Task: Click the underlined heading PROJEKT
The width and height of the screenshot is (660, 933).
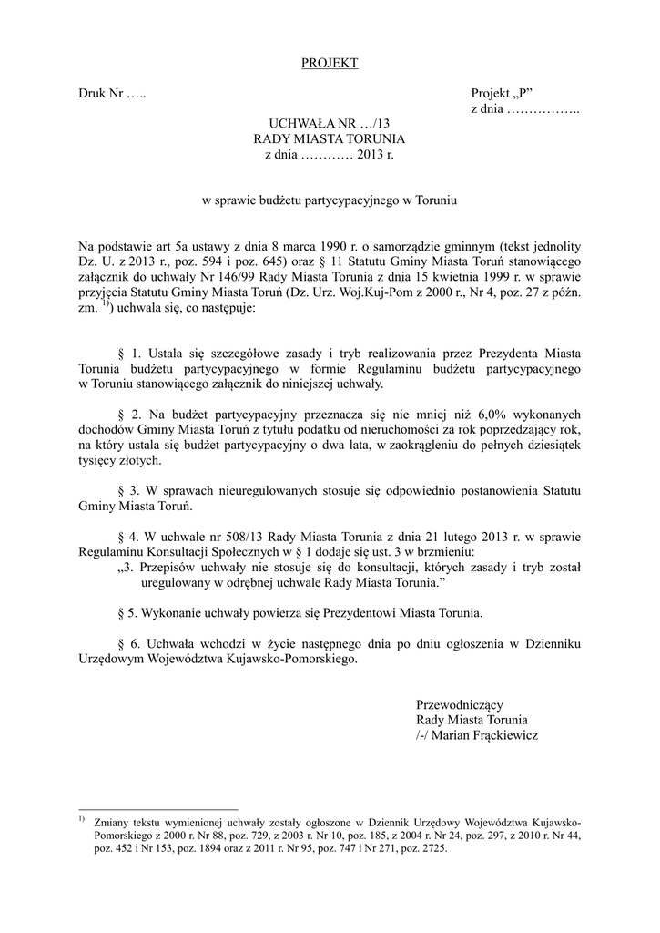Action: pos(330,63)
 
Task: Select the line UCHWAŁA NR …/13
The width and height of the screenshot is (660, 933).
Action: pos(329,123)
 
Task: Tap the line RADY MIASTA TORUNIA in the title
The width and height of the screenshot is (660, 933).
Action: pos(329,138)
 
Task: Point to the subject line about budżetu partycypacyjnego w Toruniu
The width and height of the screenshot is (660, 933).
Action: pos(329,199)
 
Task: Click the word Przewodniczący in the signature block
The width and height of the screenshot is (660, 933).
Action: pos(459,704)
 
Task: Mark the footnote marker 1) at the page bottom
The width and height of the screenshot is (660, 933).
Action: pos(81,819)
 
